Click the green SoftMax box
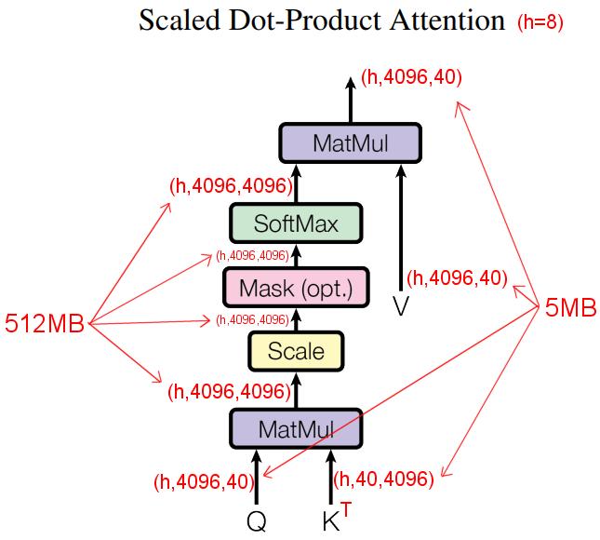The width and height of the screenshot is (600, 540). tap(296, 224)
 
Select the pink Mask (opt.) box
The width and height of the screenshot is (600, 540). tap(296, 288)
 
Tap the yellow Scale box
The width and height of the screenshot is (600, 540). tap(296, 351)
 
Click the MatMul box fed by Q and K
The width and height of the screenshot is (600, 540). tap(296, 429)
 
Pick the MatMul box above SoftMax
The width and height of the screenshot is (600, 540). tap(350, 142)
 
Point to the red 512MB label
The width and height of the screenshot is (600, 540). tap(43, 324)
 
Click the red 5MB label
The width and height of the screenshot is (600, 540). tap(570, 309)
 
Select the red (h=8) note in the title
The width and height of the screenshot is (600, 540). tap(540, 21)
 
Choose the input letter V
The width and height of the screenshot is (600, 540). tap(401, 305)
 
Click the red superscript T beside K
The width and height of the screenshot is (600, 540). tap(347, 509)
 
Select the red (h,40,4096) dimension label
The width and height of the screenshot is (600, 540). tap(383, 479)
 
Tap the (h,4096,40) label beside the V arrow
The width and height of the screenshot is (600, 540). tap(458, 277)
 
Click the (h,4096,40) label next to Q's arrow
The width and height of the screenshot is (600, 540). tap(203, 481)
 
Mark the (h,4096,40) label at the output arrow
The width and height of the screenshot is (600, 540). tap(412, 77)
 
